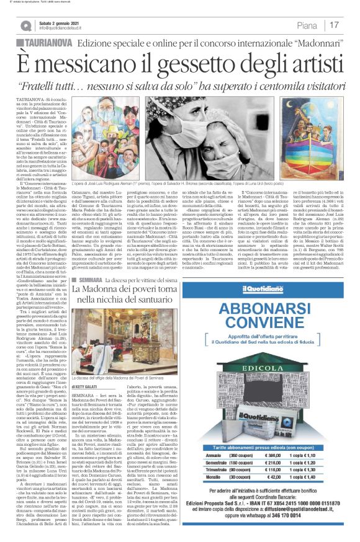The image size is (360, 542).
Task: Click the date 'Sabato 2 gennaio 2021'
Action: point(60,22)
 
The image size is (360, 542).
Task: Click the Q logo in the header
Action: point(25,25)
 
